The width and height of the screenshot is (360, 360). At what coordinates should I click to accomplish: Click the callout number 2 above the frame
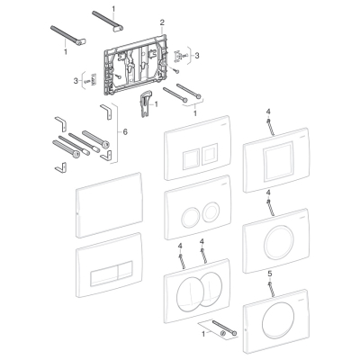point(162,22)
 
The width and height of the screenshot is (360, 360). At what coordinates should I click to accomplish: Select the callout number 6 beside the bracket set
point(125,131)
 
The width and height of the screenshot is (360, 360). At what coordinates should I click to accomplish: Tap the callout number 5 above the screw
point(269,274)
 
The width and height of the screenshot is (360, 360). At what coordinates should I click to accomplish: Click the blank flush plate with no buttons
point(109,205)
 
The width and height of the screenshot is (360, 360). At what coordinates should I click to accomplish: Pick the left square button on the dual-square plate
point(191,157)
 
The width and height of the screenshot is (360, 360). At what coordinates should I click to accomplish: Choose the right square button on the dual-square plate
point(210,155)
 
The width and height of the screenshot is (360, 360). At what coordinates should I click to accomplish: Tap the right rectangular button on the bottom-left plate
point(125,271)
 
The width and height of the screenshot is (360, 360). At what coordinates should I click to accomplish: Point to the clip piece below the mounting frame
point(146,105)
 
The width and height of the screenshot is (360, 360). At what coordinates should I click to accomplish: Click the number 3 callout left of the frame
point(76,80)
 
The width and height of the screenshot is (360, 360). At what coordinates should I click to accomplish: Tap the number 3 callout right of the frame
point(197,56)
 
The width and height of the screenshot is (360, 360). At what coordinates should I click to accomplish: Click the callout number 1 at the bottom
point(203,334)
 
